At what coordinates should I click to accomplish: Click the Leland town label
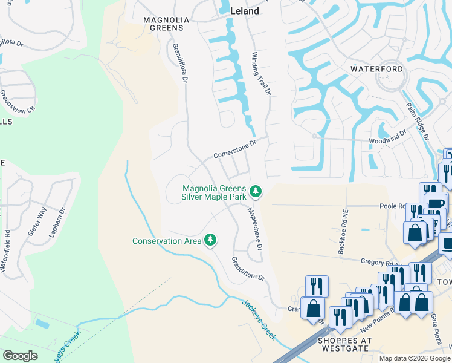coord(245,11)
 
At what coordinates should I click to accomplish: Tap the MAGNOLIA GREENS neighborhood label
coord(166,24)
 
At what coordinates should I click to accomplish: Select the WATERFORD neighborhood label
coord(377,69)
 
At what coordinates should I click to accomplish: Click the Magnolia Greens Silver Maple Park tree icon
coord(256,192)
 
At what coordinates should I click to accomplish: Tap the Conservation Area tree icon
coord(210,240)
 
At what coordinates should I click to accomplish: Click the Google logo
coord(20,356)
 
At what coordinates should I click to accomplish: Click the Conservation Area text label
coord(167,241)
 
